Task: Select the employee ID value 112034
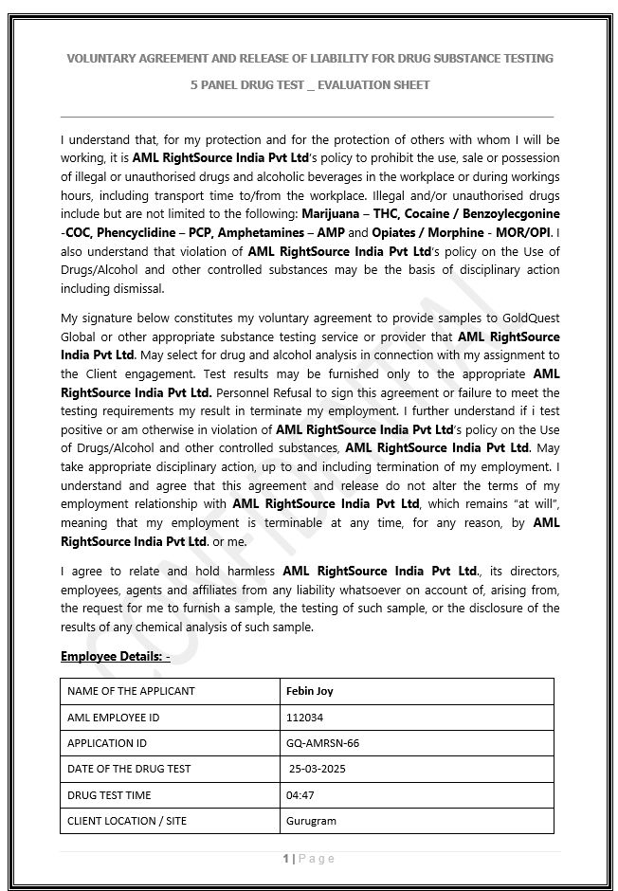(304, 718)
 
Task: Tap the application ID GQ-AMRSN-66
(322, 743)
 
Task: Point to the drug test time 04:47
(300, 794)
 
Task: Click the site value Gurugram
(311, 821)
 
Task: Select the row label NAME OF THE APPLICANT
(131, 691)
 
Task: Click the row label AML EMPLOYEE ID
(113, 718)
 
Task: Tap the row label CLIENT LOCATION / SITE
(127, 821)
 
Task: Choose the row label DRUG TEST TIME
(109, 794)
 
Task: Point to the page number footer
(309, 859)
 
